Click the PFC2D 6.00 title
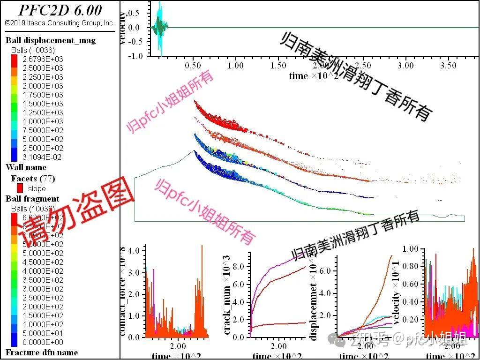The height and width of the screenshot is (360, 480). click(60, 10)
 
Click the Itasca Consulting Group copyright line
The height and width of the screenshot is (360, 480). click(60, 22)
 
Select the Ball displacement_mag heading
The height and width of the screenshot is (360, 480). click(51, 40)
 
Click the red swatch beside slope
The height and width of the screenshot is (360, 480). click(20, 188)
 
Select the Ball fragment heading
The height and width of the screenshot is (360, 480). click(32, 199)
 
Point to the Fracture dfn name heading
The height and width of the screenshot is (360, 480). click(42, 352)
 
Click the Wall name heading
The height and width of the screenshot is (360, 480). click(26, 167)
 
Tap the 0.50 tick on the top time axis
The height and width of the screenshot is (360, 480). click(193, 66)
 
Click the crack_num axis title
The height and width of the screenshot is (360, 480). click(227, 295)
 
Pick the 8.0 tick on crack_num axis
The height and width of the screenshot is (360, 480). click(239, 267)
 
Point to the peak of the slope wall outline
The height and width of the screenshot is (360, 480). click(194, 150)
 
